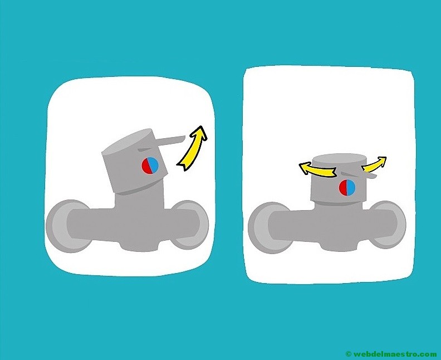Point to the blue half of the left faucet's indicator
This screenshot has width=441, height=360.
point(154,164)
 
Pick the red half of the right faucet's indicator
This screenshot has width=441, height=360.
point(343,188)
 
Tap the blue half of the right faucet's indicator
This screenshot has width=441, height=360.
point(351,188)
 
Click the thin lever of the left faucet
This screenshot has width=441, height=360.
point(170,140)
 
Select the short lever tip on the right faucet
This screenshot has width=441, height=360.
point(371,176)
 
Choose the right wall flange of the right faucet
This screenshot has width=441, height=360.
point(390,227)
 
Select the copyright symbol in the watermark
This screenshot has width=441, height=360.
point(349,354)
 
